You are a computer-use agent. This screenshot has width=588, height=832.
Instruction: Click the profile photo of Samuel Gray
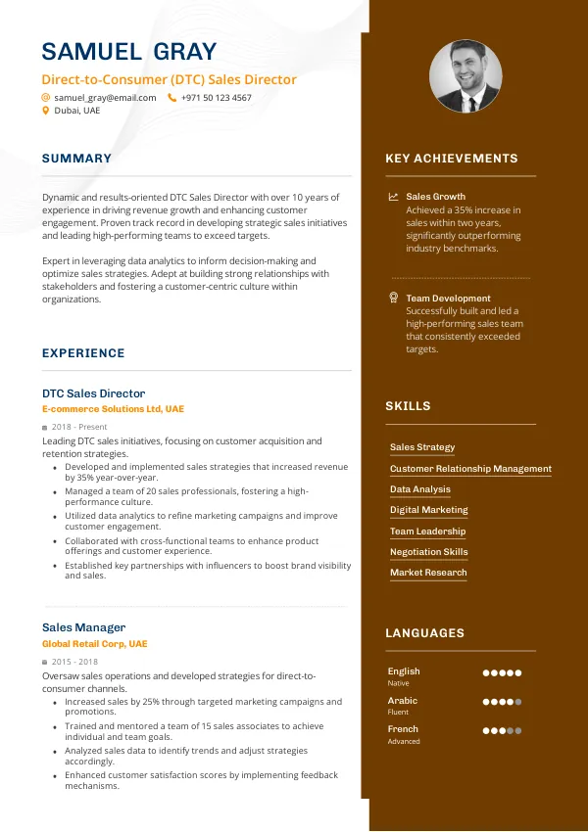click(x=465, y=76)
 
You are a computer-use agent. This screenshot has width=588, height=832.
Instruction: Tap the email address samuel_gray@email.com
click(x=105, y=98)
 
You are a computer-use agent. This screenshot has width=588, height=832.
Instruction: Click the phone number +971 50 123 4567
click(x=216, y=98)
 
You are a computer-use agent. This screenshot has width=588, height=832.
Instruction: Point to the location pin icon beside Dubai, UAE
click(x=45, y=112)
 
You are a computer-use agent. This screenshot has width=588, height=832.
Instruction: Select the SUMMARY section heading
click(x=76, y=159)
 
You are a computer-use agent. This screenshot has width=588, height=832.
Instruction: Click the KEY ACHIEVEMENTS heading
click(x=451, y=159)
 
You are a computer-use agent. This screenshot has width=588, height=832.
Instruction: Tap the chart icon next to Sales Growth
click(x=393, y=197)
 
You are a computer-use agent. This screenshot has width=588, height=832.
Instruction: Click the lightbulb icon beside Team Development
click(x=393, y=298)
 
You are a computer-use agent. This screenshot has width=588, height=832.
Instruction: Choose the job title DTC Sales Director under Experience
click(x=93, y=393)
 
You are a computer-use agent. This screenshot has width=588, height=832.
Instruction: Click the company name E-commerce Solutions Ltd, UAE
click(x=113, y=409)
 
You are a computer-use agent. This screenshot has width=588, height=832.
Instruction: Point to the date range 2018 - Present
click(x=79, y=428)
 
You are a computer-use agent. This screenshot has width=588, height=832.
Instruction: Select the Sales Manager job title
click(x=83, y=627)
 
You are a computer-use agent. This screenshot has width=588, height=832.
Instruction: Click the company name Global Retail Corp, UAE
click(x=94, y=644)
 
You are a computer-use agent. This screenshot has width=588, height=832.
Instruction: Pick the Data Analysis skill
click(x=420, y=489)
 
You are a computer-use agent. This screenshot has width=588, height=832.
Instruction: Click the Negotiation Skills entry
click(x=428, y=552)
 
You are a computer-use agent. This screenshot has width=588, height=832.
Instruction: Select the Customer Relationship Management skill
click(x=470, y=469)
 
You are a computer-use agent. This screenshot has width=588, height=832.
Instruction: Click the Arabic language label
click(x=402, y=701)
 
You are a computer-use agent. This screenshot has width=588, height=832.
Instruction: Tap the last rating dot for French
click(x=517, y=730)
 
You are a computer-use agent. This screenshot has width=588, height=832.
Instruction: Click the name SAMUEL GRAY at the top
click(x=129, y=52)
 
